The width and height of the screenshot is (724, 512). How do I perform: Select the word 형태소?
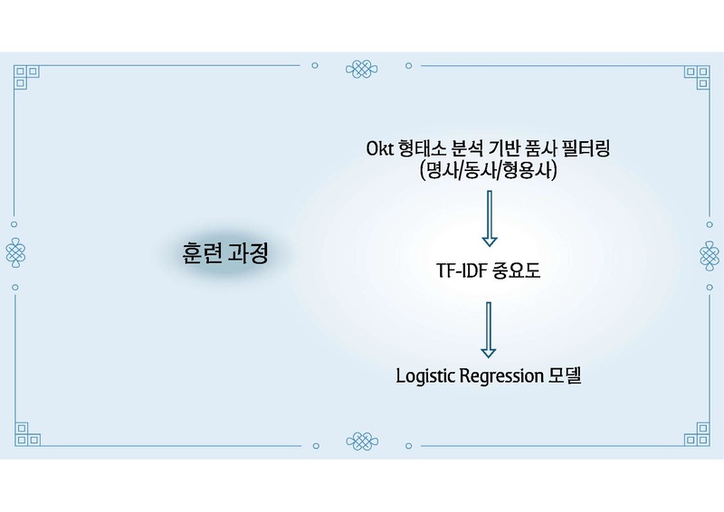click(x=428, y=147)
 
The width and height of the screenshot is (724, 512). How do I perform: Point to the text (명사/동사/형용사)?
click(x=488, y=172)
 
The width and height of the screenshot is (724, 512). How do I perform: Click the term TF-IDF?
click(x=461, y=271)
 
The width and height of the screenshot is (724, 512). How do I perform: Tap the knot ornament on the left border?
click(x=15, y=251)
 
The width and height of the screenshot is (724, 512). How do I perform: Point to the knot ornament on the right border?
click(x=708, y=251)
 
